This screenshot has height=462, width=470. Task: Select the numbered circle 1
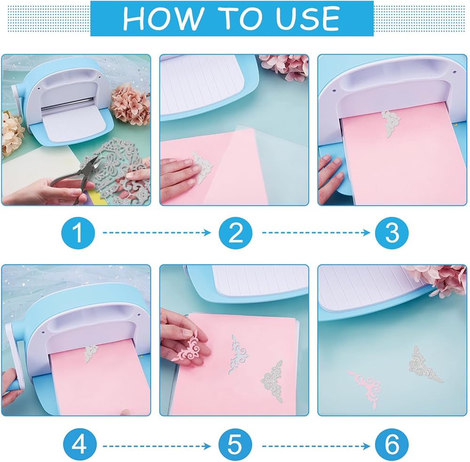click(78, 233)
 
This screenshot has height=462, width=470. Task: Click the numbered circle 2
click(235, 233)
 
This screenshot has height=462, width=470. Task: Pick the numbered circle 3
click(392, 233)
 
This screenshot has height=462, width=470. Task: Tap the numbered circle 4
click(80, 446)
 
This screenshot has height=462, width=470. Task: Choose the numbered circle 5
click(235, 446)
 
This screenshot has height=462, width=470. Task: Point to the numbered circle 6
click(392, 446)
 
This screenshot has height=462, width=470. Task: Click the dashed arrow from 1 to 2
click(157, 233)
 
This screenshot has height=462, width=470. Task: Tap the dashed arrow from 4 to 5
click(157, 446)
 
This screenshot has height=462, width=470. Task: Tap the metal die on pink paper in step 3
click(391, 124)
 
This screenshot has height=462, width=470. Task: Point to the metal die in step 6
click(424, 364)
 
